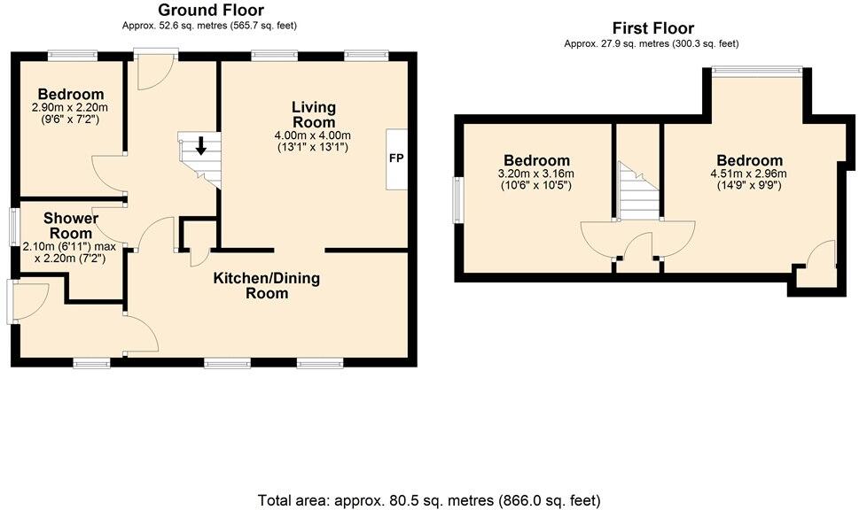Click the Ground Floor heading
coord(211,10)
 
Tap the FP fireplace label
coord(394,158)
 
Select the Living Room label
coord(314,114)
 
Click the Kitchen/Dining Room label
coord(266,285)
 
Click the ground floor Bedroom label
coord(70,94)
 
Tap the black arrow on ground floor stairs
coord(201,145)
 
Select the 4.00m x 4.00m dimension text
coord(314,135)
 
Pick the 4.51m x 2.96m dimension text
coord(750,174)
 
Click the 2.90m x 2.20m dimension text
coord(70,107)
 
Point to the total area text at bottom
coord(430,499)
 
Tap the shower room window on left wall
coord(15,226)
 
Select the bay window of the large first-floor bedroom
coord(758,70)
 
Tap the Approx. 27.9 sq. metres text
coord(651,43)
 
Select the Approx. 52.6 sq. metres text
coord(211,26)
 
